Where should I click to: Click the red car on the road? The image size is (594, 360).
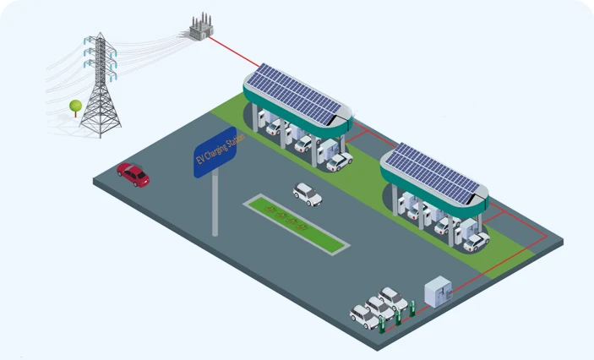click(133, 174)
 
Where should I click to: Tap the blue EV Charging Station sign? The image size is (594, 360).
click(215, 153)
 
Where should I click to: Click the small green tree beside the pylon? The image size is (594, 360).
click(75, 107)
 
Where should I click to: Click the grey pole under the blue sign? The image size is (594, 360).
click(215, 203)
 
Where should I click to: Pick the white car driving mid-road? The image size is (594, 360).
click(307, 194)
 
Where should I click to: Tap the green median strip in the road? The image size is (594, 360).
click(297, 223)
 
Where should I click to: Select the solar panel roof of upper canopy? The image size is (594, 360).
click(296, 92)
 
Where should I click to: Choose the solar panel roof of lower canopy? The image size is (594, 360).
click(434, 172)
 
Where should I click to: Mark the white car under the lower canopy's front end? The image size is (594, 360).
click(476, 242)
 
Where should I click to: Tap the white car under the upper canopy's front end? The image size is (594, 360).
click(340, 160)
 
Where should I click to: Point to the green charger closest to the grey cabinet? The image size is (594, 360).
click(412, 308)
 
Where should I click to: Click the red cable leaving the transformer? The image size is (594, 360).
click(228, 52)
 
